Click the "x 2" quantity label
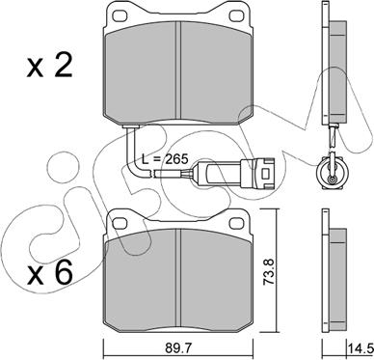click(49, 67)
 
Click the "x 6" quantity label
click(49, 274)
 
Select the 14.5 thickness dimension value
click(360, 347)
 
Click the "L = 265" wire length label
click(165, 159)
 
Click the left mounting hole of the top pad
click(121, 15)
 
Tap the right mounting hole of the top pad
click(237, 15)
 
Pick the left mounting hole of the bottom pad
click(121, 223)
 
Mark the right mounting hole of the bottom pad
click(237, 223)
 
